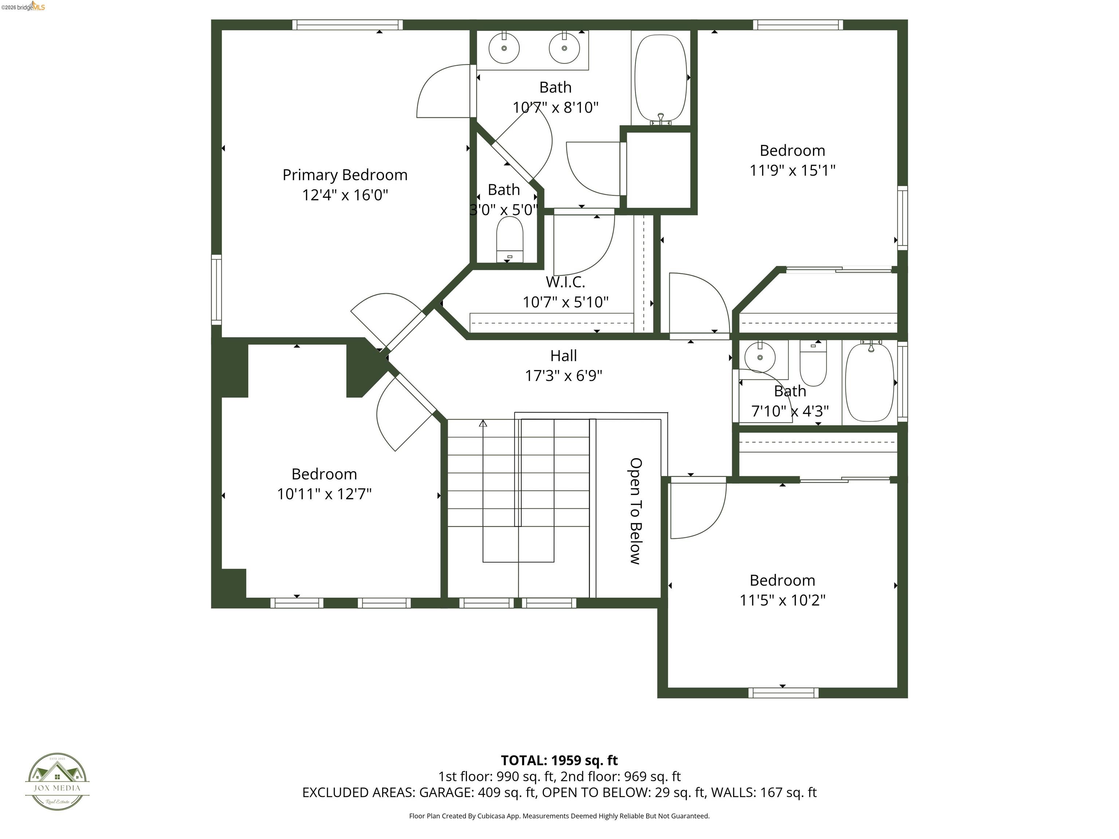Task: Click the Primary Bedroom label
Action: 345,175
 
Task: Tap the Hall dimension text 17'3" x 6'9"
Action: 563,376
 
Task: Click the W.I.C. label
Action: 565,282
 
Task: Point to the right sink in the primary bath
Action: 564,48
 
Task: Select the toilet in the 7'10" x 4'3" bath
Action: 813,363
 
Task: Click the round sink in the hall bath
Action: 760,357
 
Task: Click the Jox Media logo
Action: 57,781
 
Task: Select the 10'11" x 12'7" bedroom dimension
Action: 324,494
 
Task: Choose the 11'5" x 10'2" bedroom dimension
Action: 782,600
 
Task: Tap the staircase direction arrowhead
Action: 483,423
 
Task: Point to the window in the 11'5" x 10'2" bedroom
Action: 783,693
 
